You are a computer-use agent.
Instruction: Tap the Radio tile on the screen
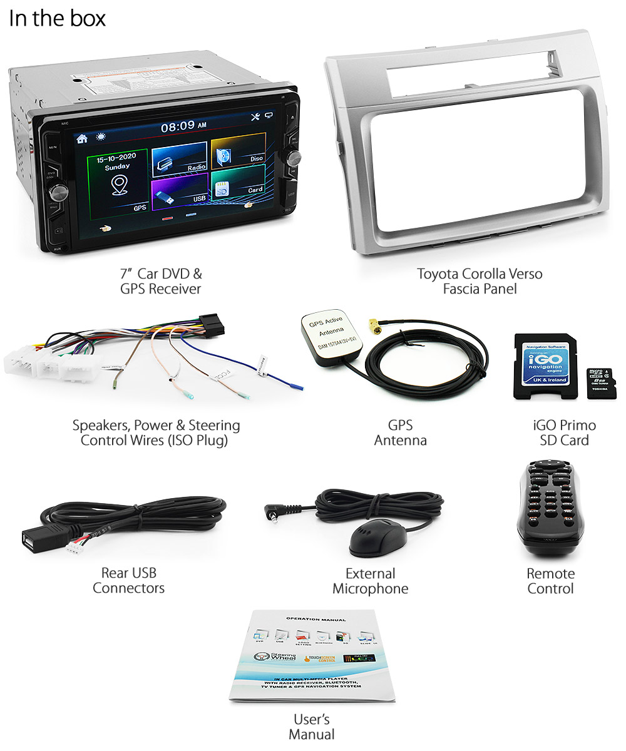coord(179,158)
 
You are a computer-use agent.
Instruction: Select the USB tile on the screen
coord(179,188)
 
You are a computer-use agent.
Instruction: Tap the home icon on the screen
coord(82,138)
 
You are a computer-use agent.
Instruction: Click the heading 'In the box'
coord(57,18)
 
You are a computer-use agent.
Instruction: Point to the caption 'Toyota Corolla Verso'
coord(480,273)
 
